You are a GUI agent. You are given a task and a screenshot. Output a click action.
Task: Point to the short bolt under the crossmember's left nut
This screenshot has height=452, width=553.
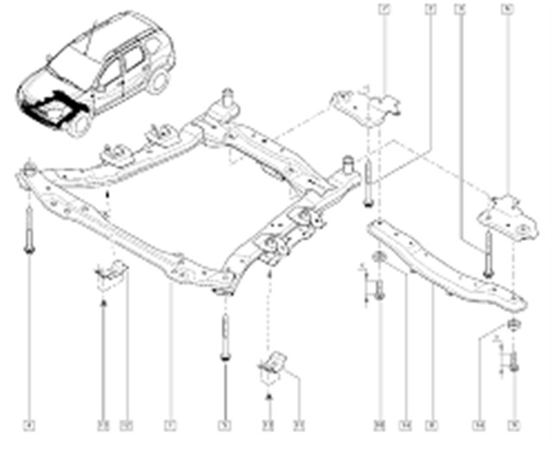click(x=379, y=290)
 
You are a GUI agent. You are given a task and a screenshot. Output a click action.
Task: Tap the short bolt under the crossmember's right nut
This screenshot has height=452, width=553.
click(x=514, y=361)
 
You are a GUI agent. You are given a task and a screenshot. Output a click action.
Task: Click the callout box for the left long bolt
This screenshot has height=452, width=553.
click(x=29, y=424)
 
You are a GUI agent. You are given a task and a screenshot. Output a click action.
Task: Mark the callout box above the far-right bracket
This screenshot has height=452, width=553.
click(x=506, y=9)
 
